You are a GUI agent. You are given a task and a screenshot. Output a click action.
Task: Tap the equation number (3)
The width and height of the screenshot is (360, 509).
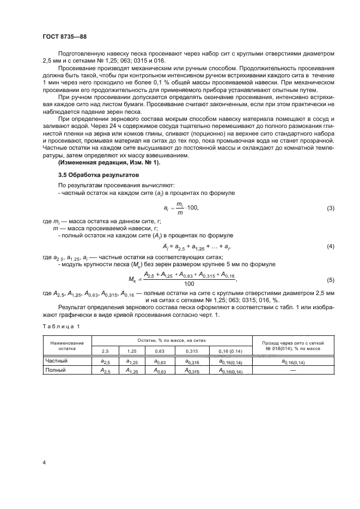[x=330, y=208]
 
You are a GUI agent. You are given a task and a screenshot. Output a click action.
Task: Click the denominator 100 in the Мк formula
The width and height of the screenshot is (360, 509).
[x=190, y=284]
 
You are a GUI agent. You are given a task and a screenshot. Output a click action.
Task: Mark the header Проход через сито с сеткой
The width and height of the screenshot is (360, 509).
[x=293, y=344]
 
